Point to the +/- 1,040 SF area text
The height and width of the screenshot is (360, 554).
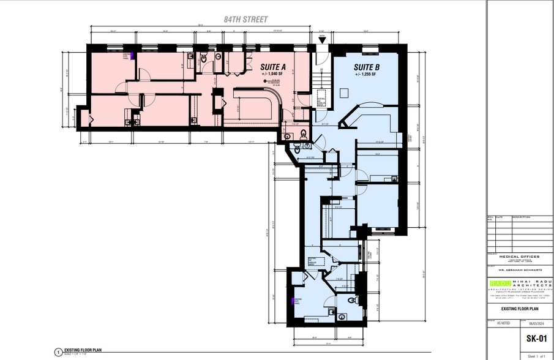(x=273, y=73)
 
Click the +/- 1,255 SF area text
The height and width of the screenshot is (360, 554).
(x=365, y=74)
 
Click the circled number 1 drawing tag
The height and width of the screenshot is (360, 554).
(x=58, y=352)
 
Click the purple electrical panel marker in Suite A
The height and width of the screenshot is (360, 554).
(x=132, y=56)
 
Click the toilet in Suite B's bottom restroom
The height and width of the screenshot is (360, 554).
(x=352, y=301)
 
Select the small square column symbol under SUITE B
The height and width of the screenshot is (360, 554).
(x=343, y=92)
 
